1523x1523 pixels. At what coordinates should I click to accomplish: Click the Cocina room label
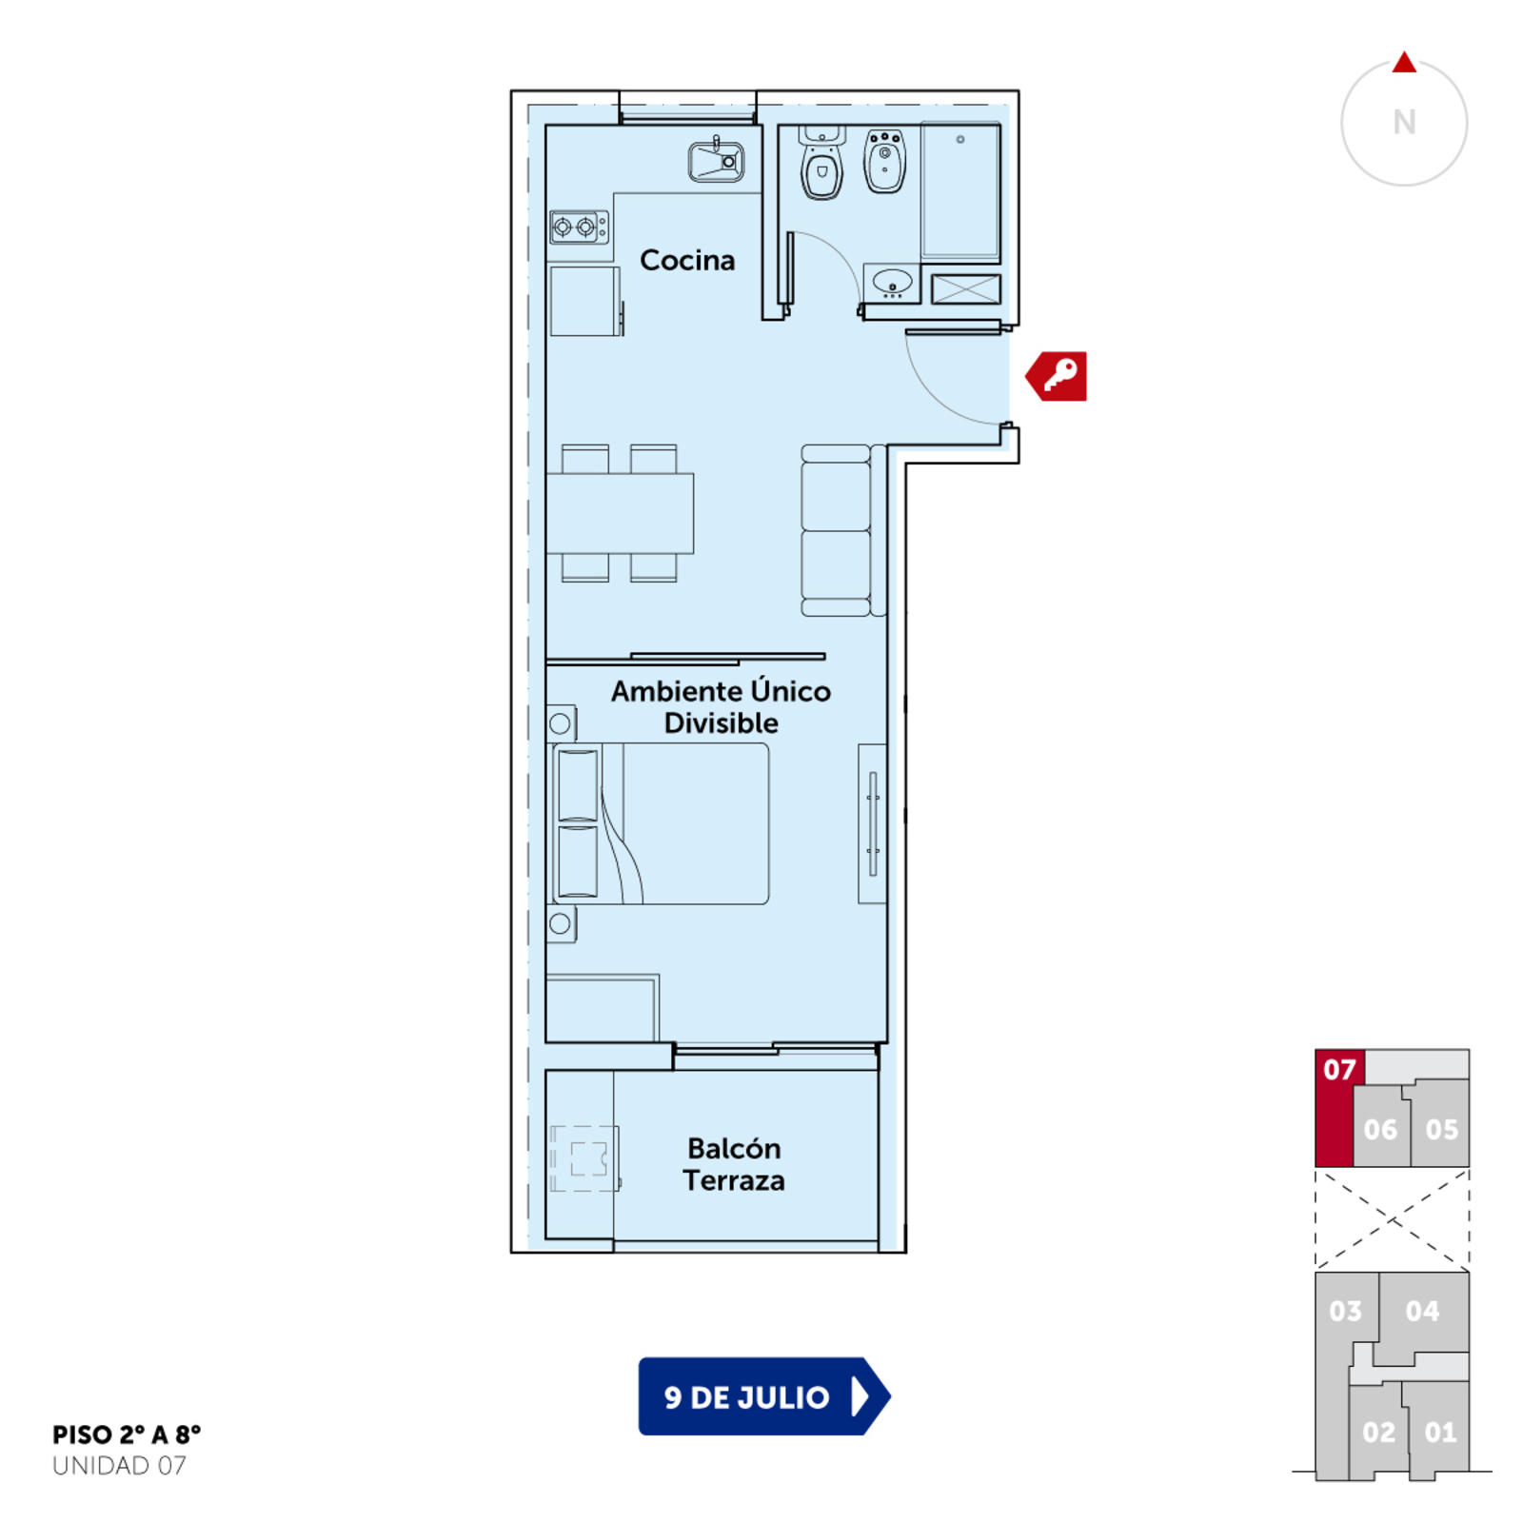click(687, 260)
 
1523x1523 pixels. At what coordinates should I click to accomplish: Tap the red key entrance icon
click(1057, 376)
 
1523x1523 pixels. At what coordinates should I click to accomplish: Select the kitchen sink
click(716, 160)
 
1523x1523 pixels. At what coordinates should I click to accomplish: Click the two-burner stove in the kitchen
click(579, 227)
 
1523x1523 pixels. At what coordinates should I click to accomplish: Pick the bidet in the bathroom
click(884, 161)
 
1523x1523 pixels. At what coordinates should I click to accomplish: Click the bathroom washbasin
click(892, 283)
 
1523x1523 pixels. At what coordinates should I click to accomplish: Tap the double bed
click(661, 823)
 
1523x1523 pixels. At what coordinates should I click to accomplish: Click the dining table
click(620, 513)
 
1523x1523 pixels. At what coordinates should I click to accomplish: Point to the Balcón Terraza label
click(734, 1164)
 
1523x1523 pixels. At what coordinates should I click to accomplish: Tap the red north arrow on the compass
click(1404, 63)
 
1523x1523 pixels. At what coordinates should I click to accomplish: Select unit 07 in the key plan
click(1334, 1108)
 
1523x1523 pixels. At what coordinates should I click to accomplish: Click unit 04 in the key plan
click(1423, 1312)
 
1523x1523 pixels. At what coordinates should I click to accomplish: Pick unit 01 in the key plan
click(1439, 1431)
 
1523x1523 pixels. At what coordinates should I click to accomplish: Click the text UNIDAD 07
click(119, 1466)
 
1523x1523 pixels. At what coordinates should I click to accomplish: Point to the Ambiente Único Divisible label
click(721, 706)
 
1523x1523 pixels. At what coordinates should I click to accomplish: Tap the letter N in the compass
click(1404, 122)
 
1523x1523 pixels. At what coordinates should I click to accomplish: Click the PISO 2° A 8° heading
click(127, 1434)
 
